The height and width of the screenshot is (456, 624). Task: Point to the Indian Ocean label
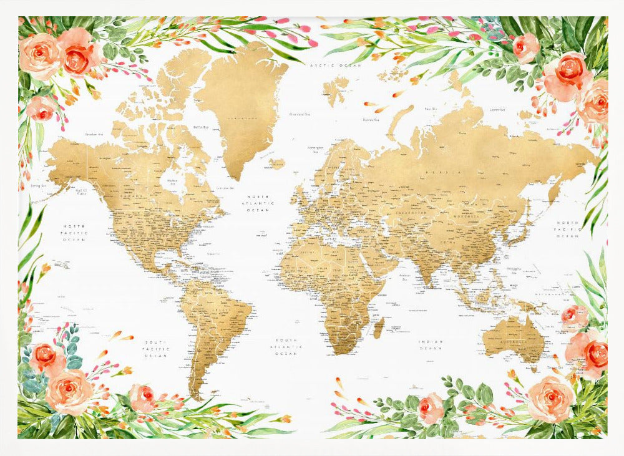coord(431,344)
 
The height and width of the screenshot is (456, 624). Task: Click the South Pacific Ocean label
coord(156,349)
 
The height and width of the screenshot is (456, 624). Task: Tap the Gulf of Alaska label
coord(80,192)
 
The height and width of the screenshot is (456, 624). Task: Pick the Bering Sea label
coord(39,185)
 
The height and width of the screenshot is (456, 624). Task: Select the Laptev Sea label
coord(497,110)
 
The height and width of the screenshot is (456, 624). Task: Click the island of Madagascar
coord(378,327)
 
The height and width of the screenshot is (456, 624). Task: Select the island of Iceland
coord(276,163)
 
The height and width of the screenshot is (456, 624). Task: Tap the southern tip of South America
coord(198,397)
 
